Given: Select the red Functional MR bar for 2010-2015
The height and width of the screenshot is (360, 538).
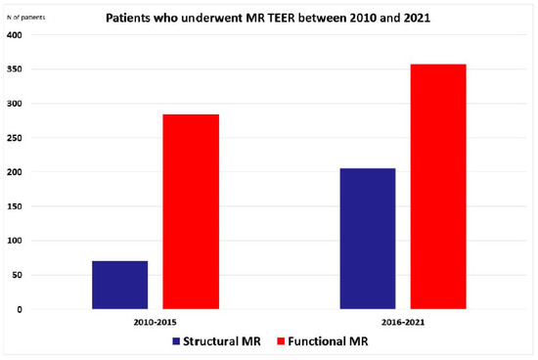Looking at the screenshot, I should click(190, 211).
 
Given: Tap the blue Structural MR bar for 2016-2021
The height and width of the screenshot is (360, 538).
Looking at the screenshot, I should click(367, 239).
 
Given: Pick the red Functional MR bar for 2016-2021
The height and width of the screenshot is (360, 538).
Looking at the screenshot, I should click(438, 187).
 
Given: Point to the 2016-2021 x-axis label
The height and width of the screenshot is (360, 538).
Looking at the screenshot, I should click(403, 320).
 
